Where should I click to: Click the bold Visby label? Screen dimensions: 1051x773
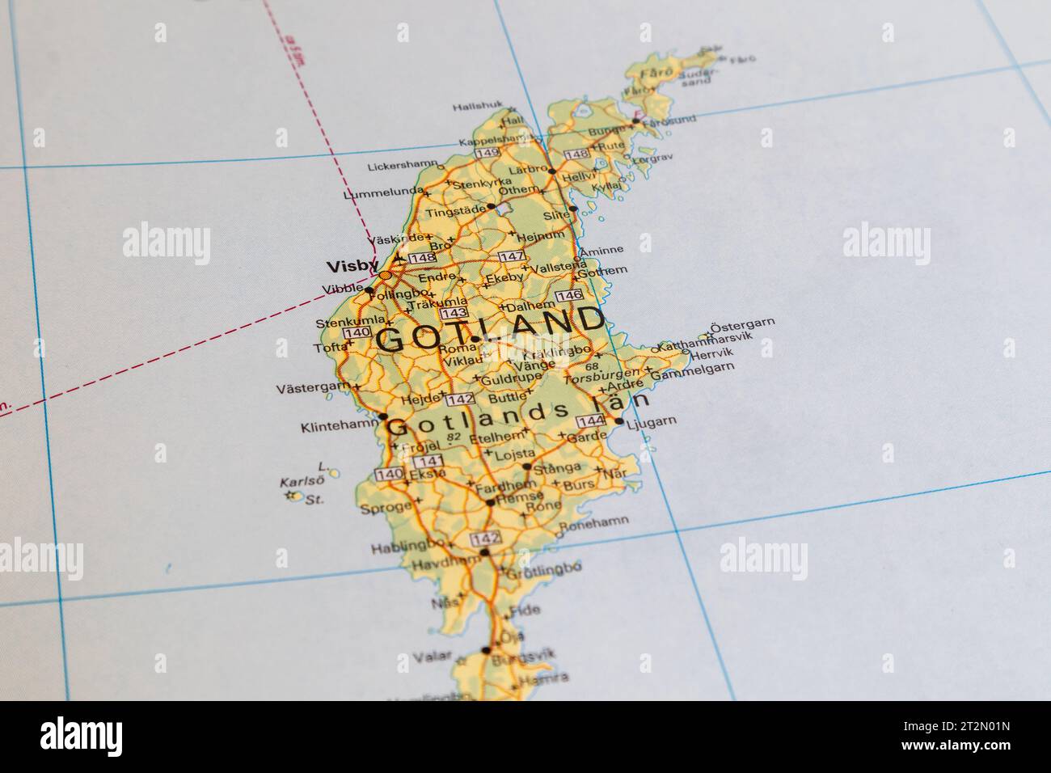coord(345,265)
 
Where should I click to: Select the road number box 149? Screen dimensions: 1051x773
coord(487,153)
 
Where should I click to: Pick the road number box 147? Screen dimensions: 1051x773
coord(511,256)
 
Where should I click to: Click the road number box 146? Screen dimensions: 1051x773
coord(569,295)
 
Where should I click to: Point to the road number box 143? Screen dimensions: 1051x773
coord(453,313)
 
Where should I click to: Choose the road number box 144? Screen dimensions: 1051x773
coord(592,421)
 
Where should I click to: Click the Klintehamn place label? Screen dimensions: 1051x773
coord(338,425)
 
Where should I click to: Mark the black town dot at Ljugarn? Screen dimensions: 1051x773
coord(619,421)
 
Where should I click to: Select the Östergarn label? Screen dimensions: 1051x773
coord(741,323)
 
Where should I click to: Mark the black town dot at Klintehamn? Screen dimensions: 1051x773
coord(382,418)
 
